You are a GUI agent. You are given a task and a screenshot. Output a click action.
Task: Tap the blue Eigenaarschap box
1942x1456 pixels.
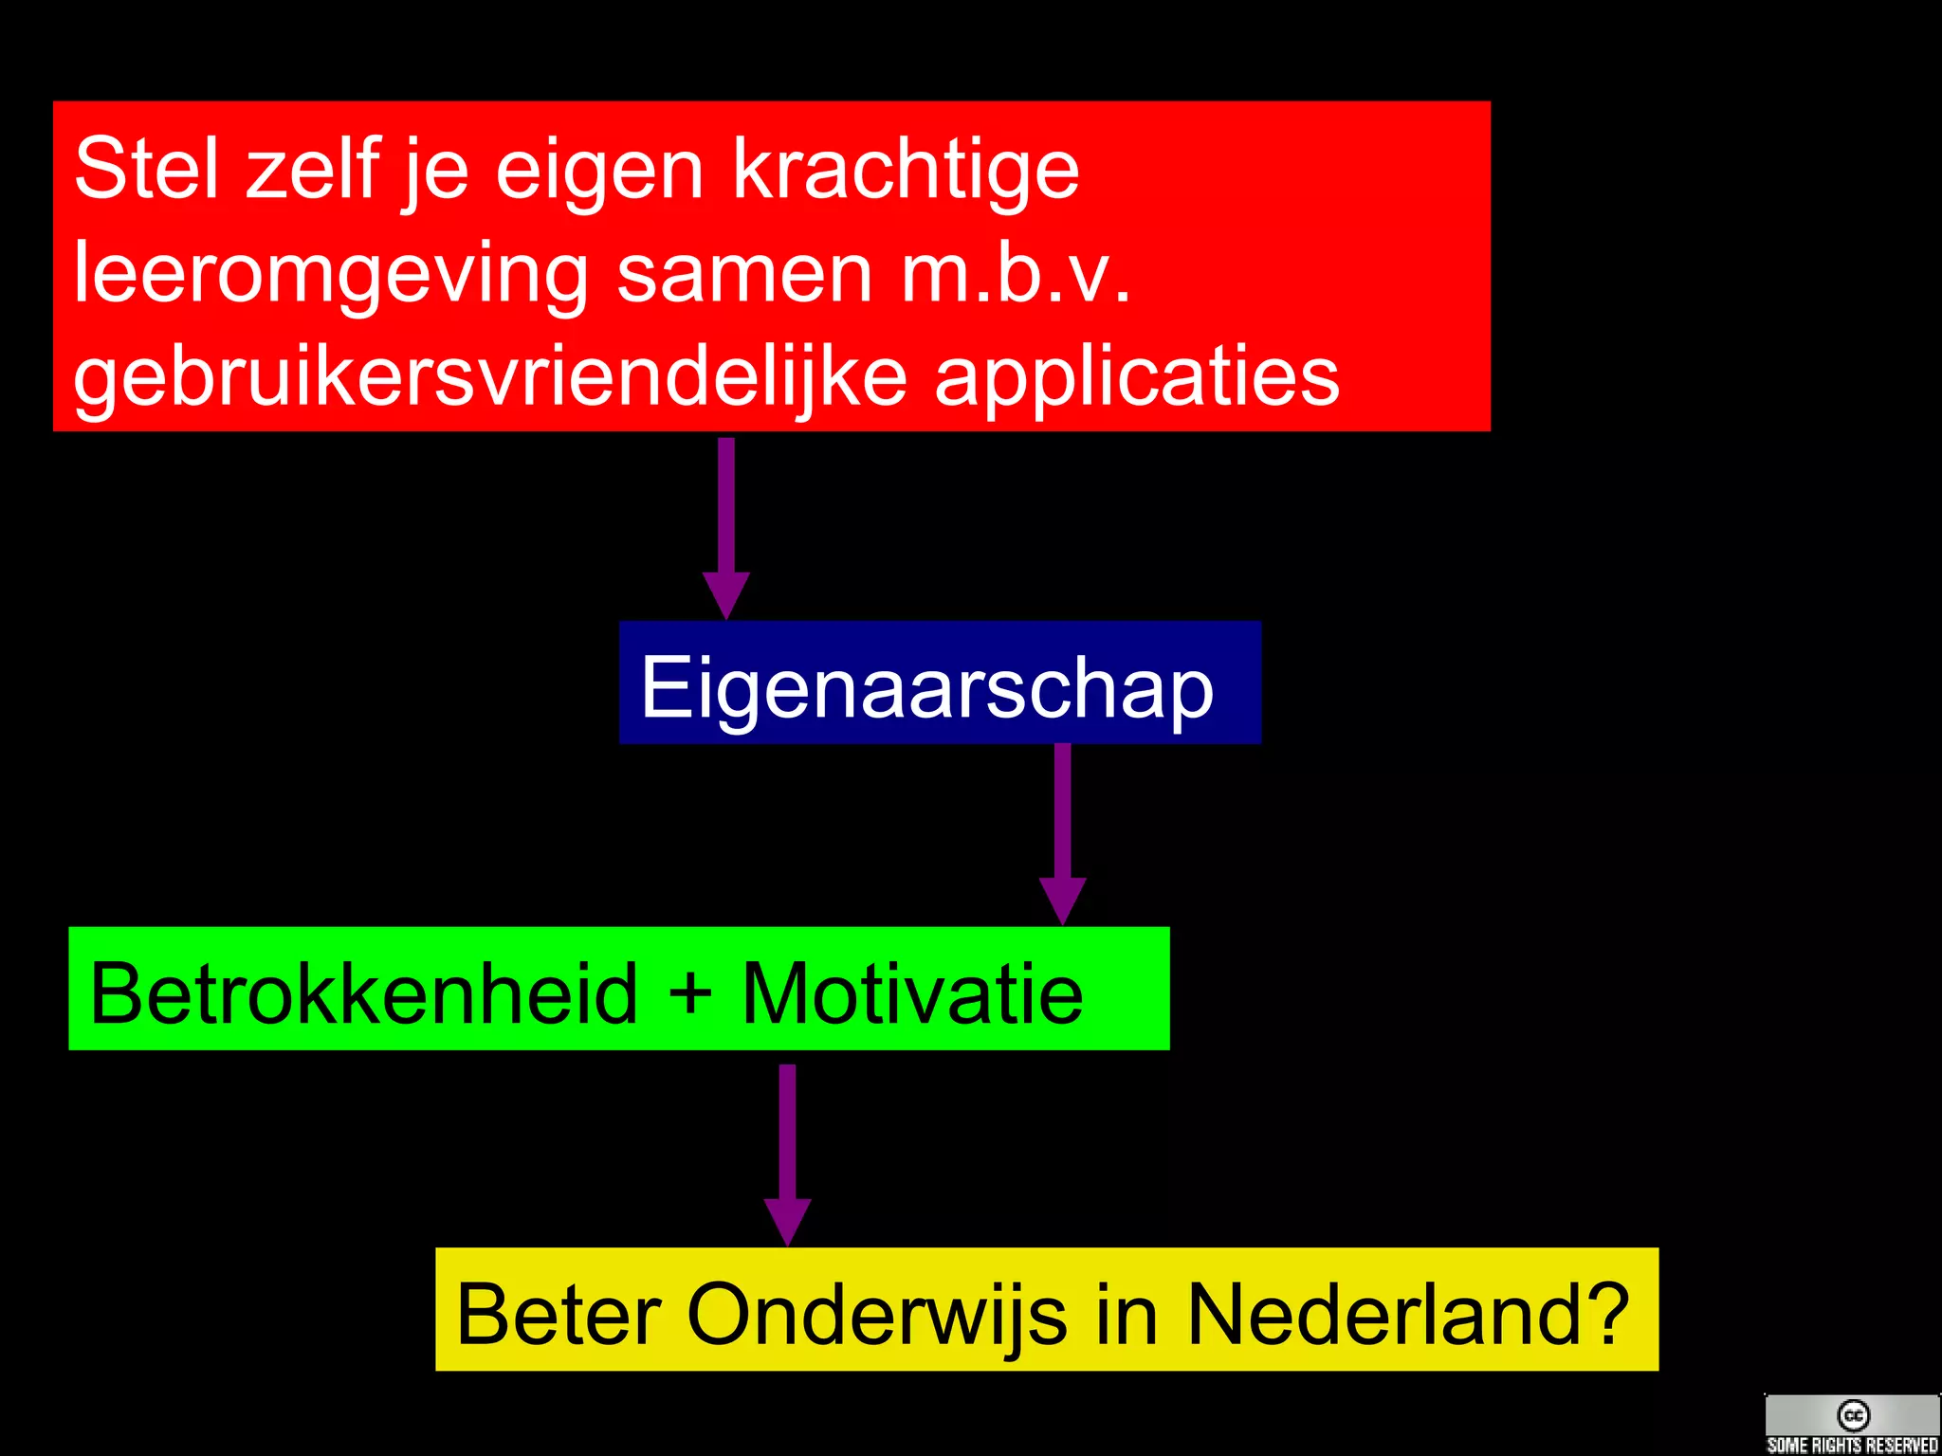tap(939, 682)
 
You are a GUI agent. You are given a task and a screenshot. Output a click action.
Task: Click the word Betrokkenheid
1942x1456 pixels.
tap(364, 992)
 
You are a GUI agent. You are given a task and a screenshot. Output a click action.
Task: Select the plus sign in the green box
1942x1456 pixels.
tap(689, 992)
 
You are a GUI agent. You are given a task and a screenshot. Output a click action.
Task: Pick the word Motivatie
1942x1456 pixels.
tap(911, 992)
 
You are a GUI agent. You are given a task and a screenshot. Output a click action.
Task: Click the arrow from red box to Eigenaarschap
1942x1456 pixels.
tap(726, 526)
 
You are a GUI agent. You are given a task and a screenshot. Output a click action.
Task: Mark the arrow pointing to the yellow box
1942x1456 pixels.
tap(787, 1153)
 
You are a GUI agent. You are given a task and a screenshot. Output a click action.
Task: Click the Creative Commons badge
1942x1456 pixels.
tap(1852, 1424)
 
